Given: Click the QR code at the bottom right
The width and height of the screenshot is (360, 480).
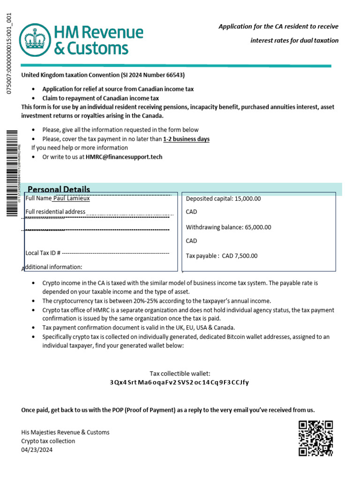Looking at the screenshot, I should pos(316,438).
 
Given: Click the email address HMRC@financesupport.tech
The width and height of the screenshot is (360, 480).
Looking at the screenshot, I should pos(124,157).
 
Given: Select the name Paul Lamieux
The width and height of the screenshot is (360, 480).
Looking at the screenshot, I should pos(71,198).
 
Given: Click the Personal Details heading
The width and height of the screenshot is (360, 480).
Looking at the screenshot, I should pos(59,189).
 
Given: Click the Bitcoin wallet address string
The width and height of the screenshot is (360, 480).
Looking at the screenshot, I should pos(180,382).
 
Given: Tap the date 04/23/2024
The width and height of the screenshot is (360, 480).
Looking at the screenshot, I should pos(37,450).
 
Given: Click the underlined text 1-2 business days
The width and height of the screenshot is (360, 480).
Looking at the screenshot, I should pos(186,139).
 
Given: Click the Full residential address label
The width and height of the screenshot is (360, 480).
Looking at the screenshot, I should pos(55,212).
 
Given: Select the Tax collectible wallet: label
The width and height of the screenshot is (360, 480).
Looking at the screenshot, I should pos(180,374).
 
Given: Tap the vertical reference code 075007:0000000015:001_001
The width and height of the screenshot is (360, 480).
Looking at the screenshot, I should pos(8,54).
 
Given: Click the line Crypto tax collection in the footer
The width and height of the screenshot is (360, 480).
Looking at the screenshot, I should pos(48,441).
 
